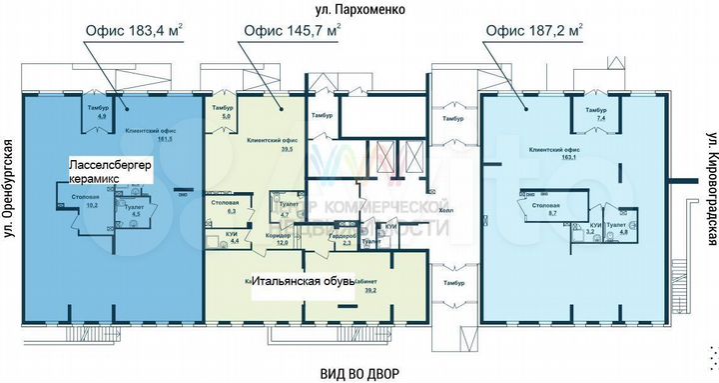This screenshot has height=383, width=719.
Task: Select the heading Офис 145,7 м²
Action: pyautogui.click(x=291, y=30)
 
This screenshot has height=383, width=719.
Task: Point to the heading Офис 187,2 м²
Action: pyautogui.click(x=534, y=30)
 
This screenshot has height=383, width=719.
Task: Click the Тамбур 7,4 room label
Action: pyautogui.click(x=596, y=113)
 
